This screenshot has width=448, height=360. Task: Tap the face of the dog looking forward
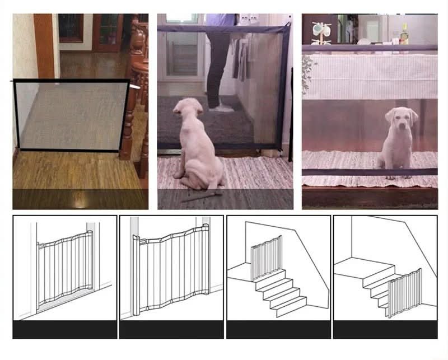(x=401, y=120)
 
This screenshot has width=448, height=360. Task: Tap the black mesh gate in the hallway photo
(x=73, y=115)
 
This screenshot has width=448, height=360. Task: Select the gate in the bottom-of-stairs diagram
(x=405, y=292)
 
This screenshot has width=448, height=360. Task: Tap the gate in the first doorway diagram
(x=64, y=269)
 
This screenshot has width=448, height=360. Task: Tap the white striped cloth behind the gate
(x=370, y=76)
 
